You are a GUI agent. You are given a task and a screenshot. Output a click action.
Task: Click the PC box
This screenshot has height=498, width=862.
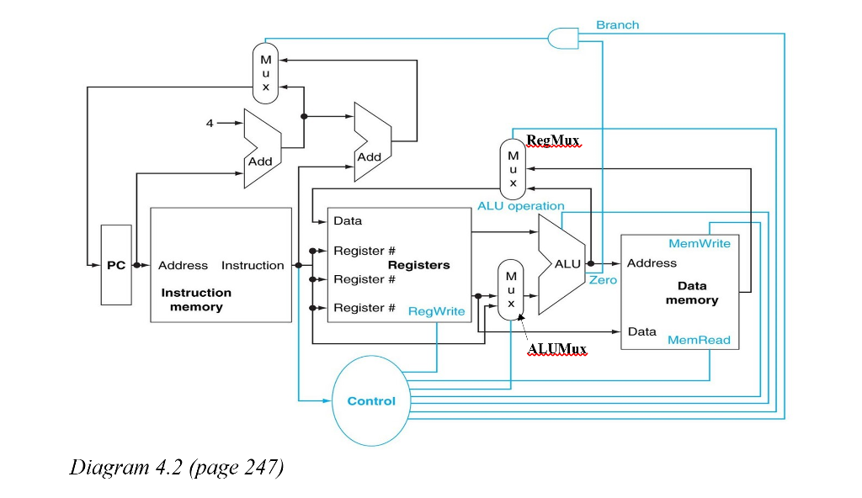pos(116,265)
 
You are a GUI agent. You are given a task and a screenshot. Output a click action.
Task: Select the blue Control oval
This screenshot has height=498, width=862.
pos(371,400)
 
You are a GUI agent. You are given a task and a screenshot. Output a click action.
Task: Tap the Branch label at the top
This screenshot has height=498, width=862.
pos(617,25)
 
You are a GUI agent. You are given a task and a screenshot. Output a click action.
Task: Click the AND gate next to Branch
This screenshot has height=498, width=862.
pos(561,38)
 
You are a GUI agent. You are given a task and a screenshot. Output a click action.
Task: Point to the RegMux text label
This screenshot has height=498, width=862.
pos(553,140)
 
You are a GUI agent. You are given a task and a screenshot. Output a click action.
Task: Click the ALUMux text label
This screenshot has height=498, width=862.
pos(556,348)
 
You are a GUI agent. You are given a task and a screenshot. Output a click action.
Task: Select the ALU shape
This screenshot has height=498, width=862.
pos(562,263)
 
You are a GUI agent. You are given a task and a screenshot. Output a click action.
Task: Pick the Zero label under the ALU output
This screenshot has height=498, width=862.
pos(603,279)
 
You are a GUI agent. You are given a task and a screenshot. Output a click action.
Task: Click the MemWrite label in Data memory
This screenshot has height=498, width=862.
pos(700,244)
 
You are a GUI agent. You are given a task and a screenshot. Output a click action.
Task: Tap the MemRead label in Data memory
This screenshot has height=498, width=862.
pos(699,340)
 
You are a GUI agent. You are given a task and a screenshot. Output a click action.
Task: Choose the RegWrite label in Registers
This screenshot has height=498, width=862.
pos(436,311)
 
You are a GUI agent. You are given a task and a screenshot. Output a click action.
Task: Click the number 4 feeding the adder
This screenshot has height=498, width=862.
pos(210,124)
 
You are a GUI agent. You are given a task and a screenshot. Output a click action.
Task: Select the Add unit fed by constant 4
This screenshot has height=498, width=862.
pos(261,149)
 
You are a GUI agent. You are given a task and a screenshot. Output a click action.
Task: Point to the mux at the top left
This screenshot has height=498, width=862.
pos(265,73)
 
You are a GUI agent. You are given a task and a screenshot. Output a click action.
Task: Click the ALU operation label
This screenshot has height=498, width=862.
pos(520,206)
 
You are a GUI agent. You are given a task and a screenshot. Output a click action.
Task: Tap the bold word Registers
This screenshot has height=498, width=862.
pos(418,265)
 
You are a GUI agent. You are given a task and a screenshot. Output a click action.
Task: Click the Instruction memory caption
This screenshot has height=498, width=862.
pos(196,299)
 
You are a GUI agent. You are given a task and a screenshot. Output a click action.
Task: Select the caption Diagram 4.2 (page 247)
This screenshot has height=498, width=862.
pos(176,467)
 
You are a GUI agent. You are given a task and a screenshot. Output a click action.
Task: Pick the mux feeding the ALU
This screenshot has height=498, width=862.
pos(510,289)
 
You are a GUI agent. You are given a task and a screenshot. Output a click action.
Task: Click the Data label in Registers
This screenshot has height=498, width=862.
pos(348,221)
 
